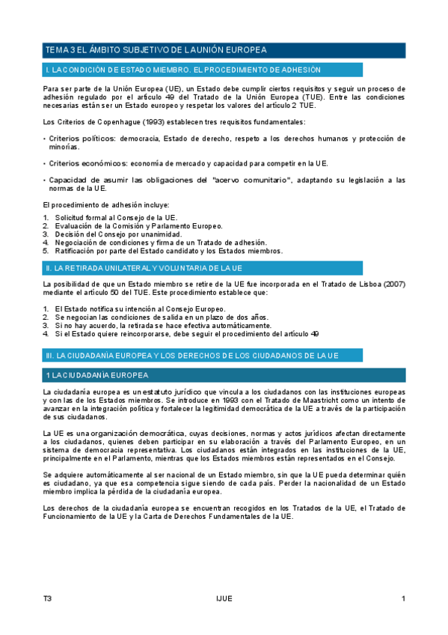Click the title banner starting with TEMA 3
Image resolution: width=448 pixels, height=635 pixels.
click(x=156, y=50)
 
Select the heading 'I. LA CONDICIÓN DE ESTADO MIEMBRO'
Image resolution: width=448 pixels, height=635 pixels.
click(x=183, y=70)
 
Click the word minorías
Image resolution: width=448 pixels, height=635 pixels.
click(x=64, y=147)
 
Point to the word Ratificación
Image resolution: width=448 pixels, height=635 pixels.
click(x=78, y=251)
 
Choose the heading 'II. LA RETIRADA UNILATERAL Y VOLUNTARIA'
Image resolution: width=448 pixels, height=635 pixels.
click(x=144, y=267)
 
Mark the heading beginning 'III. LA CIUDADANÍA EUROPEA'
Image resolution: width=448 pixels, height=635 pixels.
click(x=192, y=355)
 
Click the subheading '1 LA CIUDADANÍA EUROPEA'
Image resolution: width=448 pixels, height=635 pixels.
click(x=97, y=374)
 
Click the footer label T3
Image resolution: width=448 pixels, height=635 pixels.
click(x=48, y=598)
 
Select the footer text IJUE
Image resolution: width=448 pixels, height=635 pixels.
click(x=224, y=598)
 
